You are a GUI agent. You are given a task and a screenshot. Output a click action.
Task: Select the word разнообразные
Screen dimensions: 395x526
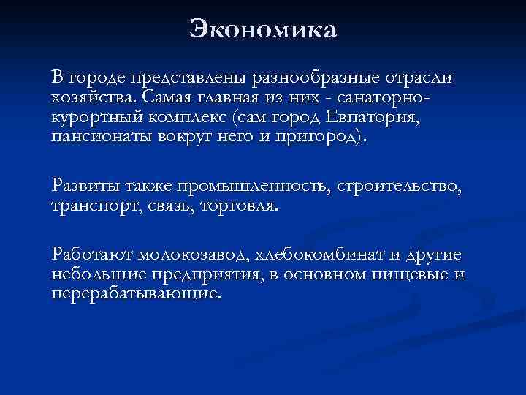(317, 77)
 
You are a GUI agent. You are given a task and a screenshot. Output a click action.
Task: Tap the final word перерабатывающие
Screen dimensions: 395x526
(136, 294)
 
